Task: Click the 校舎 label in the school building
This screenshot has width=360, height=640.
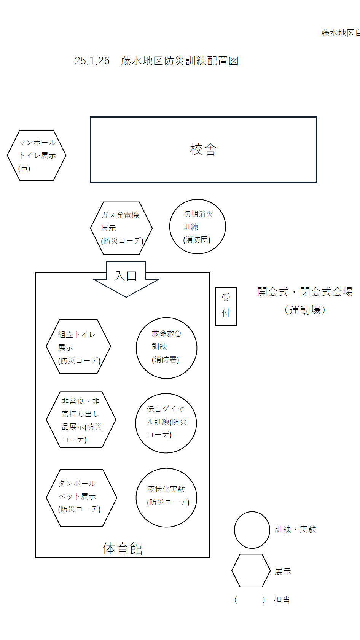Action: (x=204, y=150)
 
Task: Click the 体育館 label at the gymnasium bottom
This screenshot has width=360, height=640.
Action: (x=123, y=549)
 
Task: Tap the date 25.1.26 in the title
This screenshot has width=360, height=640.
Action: (x=92, y=61)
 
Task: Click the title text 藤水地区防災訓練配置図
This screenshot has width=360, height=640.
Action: (x=180, y=61)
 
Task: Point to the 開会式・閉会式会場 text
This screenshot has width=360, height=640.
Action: (x=305, y=292)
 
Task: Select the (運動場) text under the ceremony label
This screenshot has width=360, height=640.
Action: (x=305, y=310)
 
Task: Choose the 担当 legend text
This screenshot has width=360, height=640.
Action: (x=282, y=600)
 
